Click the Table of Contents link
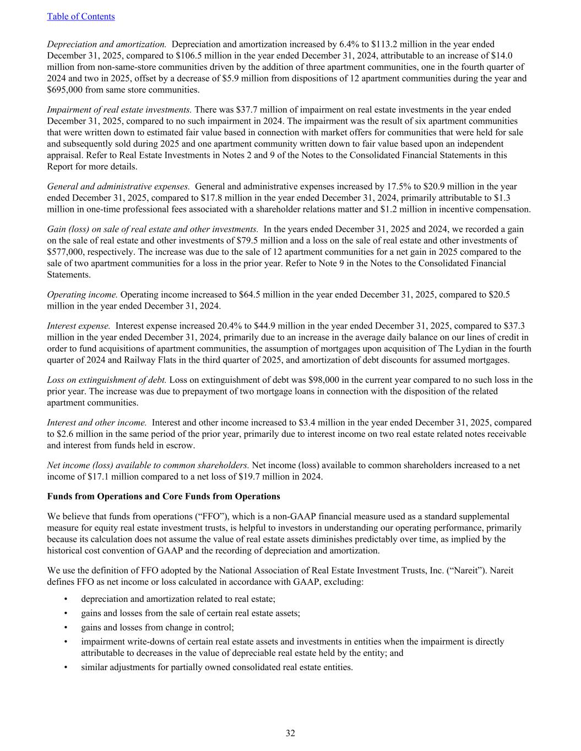click(81, 17)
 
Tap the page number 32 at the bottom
click(290, 733)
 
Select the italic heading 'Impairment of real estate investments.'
click(120, 109)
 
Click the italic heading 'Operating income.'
click(83, 294)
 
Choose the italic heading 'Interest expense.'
click(79, 326)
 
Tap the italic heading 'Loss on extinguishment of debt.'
click(107, 380)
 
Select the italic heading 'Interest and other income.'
click(97, 423)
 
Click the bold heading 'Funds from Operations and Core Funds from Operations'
click(164, 496)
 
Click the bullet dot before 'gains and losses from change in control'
click(67, 627)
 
